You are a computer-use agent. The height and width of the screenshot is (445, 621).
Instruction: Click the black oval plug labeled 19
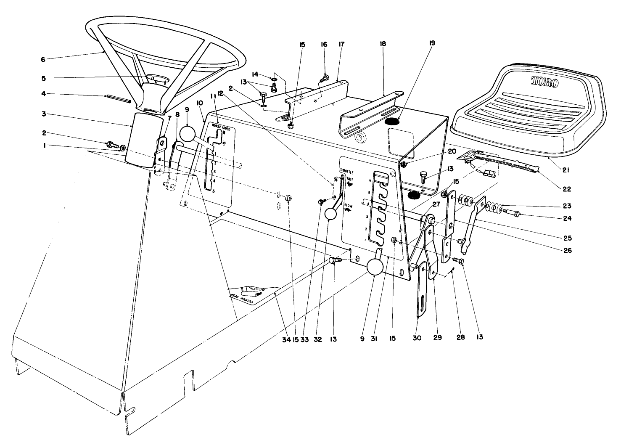(x=394, y=121)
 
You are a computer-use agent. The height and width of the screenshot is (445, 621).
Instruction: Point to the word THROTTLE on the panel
(x=346, y=172)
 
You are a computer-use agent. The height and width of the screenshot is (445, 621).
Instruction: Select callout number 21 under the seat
(x=566, y=170)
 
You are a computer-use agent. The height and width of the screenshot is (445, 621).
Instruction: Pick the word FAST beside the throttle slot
(x=350, y=179)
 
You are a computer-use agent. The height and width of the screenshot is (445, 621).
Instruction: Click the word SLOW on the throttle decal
(x=349, y=205)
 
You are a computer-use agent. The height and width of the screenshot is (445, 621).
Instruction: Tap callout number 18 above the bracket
(x=382, y=44)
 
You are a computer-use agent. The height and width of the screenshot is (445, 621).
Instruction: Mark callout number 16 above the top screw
(x=324, y=44)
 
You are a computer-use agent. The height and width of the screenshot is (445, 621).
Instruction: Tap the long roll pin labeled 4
(x=119, y=99)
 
